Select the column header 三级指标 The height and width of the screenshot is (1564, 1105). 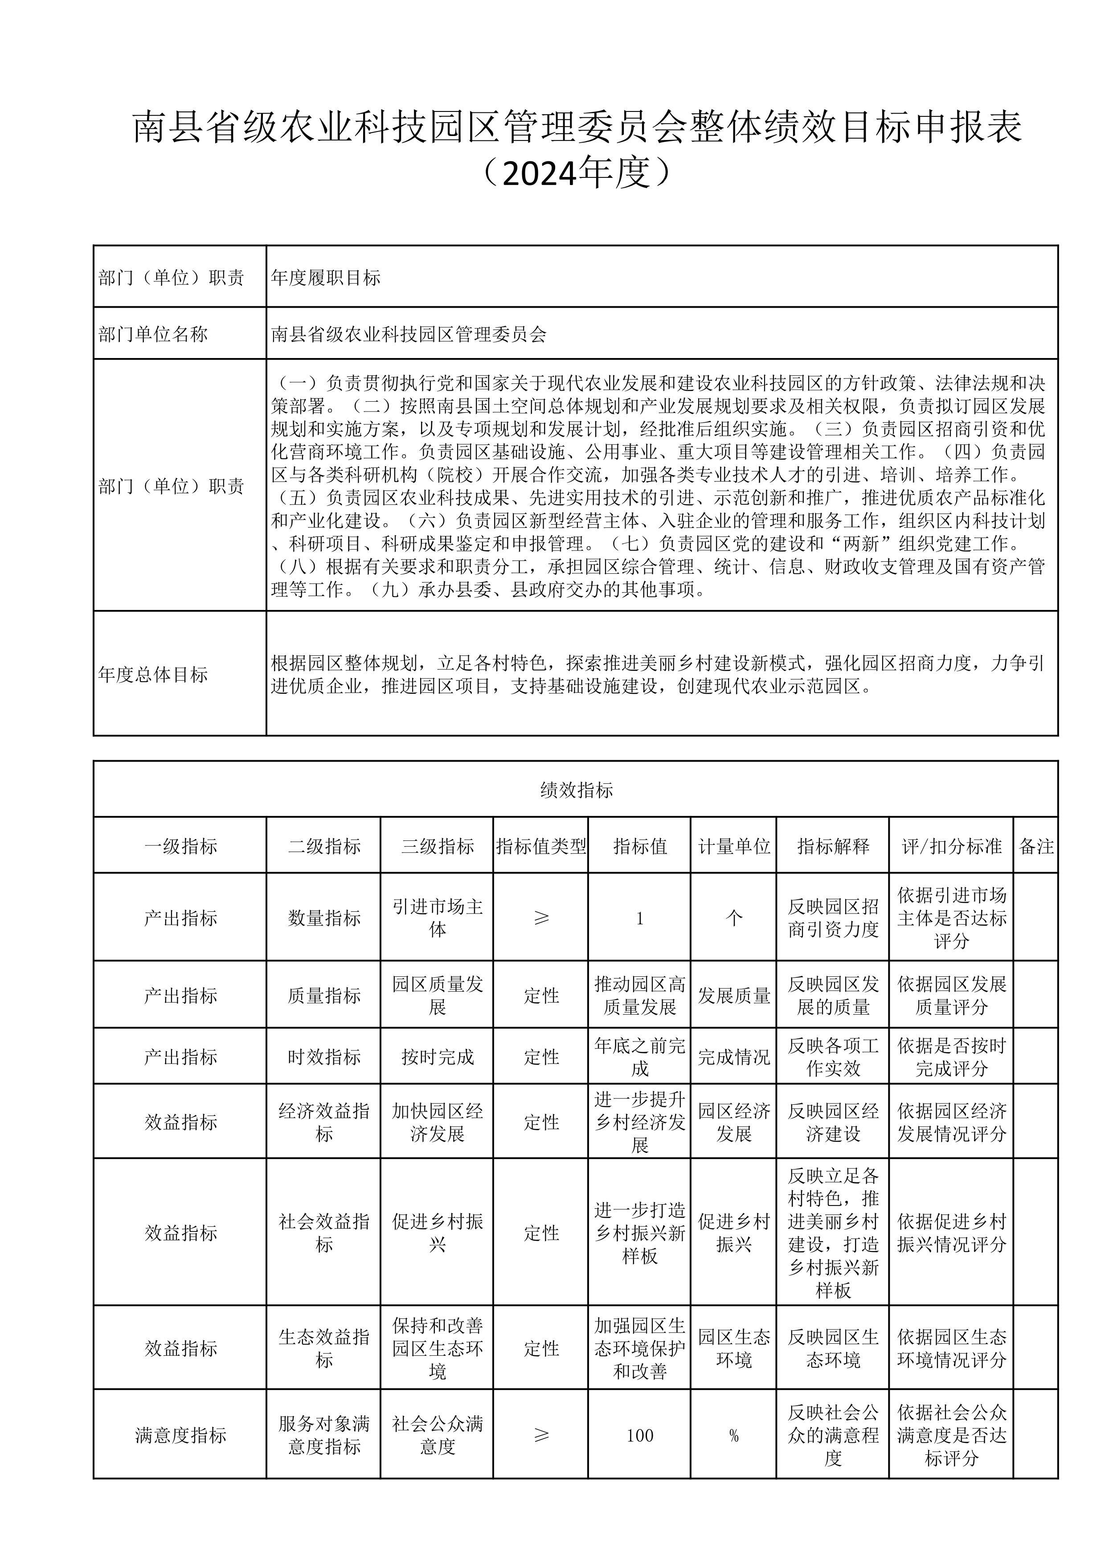pos(437,846)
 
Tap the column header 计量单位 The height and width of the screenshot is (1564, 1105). pos(734,846)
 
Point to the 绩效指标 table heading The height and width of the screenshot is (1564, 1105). pos(576,790)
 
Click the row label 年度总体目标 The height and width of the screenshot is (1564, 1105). pos(153,675)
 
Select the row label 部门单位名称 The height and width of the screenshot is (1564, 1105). pos(153,334)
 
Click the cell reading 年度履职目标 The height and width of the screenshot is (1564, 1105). pos(325,277)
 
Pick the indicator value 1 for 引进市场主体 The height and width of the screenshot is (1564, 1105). pos(639,918)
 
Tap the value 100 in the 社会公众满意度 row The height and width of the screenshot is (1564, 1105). pos(639,1435)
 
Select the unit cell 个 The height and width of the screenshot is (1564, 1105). pos(734,918)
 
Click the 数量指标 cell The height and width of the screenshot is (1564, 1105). pos(324,918)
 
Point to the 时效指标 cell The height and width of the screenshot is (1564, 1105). pos(324,1057)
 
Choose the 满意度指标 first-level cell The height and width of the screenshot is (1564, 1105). pos(180,1435)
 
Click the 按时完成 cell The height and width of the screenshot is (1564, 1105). pos(437,1057)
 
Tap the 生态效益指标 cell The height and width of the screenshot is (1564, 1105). pos(324,1348)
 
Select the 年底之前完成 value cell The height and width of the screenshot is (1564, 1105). pos(639,1057)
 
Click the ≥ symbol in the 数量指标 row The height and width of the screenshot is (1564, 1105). pos(541,918)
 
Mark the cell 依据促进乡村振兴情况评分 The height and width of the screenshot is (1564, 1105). pos(951,1232)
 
